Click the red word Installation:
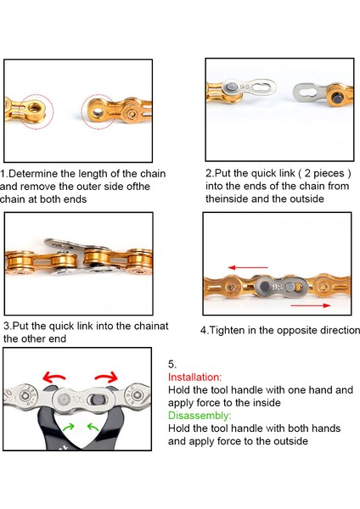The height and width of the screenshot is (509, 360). (194, 378)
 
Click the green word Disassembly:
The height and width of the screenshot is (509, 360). (200, 416)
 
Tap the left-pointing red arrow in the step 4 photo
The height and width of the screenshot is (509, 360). (248, 268)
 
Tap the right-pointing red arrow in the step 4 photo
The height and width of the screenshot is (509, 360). (310, 305)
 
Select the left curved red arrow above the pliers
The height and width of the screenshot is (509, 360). (53, 377)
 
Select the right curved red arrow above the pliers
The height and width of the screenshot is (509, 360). (106, 377)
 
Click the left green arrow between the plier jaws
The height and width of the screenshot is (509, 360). (69, 428)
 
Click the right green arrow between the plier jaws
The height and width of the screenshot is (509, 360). (93, 428)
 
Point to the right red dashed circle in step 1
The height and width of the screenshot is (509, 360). (82, 112)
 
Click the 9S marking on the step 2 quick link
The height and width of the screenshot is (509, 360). (245, 87)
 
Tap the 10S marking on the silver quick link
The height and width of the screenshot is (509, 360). (78, 399)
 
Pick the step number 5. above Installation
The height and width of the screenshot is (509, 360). (172, 364)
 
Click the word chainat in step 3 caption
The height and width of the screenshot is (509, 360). (151, 326)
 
